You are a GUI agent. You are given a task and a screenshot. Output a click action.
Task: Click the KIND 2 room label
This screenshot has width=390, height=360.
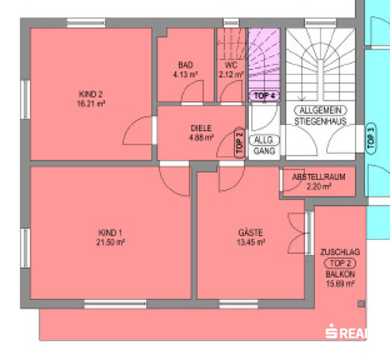(x=91, y=94)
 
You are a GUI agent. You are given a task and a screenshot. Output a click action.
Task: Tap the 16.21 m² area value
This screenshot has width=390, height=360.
(x=91, y=103)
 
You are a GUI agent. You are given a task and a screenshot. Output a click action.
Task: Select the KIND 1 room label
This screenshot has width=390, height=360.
(x=109, y=232)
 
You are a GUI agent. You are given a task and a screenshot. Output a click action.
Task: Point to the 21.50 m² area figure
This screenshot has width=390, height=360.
(x=109, y=243)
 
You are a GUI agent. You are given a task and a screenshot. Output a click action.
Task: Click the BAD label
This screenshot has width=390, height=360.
(x=186, y=65)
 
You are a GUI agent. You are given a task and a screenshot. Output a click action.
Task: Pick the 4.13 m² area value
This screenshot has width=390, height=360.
(x=186, y=75)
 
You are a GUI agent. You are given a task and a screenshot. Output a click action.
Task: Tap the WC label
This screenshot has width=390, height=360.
(x=230, y=65)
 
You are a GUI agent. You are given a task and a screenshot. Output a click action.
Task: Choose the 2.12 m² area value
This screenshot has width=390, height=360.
(x=230, y=75)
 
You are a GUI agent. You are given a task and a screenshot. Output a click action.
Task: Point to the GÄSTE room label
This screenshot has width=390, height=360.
(x=251, y=232)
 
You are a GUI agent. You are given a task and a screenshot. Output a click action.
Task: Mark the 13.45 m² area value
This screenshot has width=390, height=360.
(x=251, y=243)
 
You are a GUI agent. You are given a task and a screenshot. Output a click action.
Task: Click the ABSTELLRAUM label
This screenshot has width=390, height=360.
(x=319, y=177)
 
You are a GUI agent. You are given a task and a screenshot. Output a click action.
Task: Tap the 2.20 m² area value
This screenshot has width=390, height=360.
(x=319, y=187)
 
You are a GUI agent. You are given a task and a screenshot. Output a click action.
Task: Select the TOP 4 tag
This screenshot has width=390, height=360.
(x=265, y=96)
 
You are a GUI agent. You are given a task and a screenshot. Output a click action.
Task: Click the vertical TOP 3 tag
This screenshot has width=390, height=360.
(x=372, y=139)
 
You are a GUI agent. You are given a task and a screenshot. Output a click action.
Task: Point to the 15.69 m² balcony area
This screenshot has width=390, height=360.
(x=340, y=284)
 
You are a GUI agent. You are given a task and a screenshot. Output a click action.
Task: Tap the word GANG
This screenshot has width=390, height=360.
(x=264, y=151)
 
